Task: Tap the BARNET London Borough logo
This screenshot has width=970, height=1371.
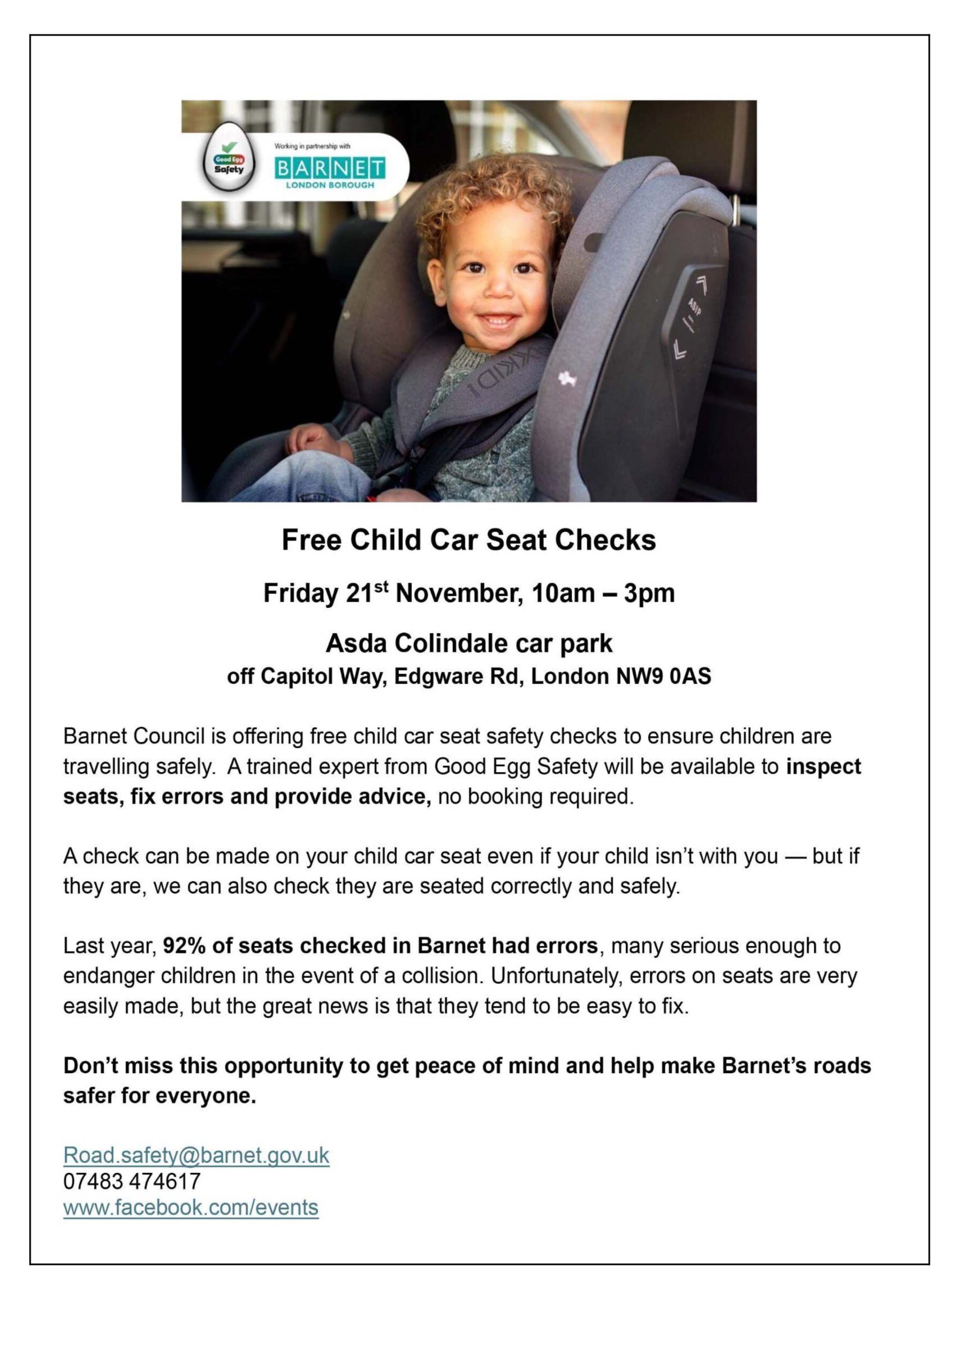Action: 330,171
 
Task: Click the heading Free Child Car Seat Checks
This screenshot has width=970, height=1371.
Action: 469,540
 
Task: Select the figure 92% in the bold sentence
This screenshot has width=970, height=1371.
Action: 182,946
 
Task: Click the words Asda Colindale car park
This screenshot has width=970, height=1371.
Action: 469,643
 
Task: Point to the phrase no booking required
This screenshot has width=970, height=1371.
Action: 535,797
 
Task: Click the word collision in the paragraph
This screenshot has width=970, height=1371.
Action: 440,976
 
